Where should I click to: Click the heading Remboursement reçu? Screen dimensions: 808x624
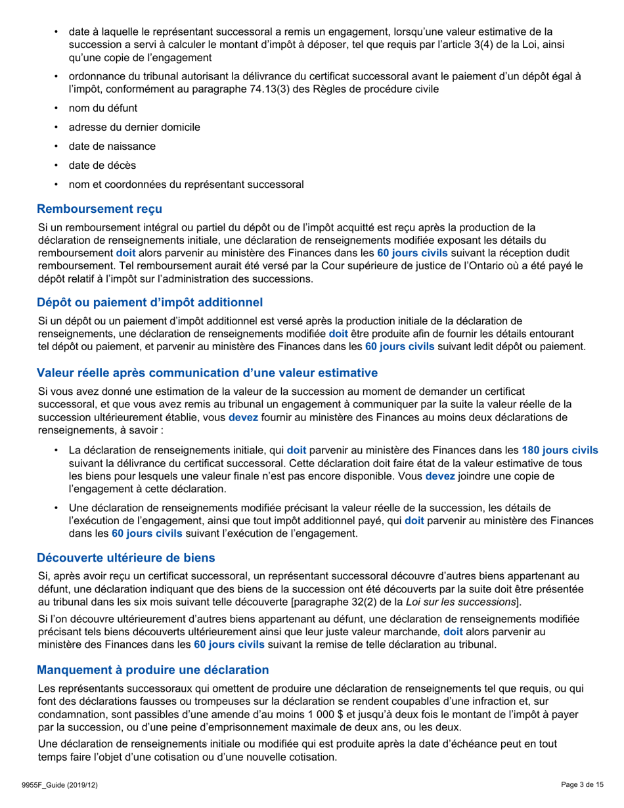99,209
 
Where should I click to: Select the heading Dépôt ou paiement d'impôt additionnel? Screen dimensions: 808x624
150,302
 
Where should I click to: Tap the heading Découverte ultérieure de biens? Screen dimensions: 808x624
125,558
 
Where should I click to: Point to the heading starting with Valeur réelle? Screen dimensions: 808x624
207,373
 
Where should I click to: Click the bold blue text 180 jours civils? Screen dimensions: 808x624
560,451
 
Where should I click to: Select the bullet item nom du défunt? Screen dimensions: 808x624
103,108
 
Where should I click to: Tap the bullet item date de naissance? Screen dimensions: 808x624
112,146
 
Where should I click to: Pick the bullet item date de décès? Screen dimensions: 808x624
102,165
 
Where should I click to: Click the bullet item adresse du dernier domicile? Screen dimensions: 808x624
135,127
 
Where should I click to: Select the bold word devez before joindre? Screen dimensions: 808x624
440,476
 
